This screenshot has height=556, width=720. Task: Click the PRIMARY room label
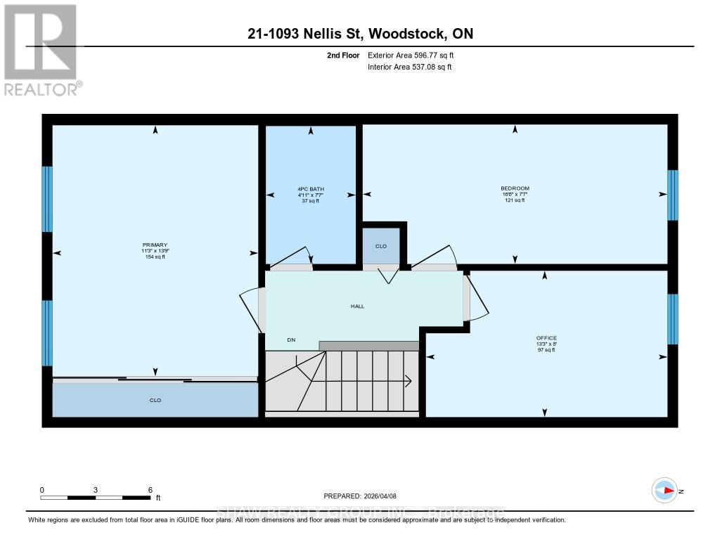[155, 245]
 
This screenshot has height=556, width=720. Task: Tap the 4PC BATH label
[310, 188]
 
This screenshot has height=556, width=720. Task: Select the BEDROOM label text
[515, 188]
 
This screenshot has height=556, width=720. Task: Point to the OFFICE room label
[546, 338]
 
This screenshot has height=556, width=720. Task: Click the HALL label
[357, 306]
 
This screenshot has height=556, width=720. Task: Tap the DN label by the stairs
[291, 340]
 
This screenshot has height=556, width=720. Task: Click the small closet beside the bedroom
[381, 246]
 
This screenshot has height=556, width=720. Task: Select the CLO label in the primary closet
[155, 401]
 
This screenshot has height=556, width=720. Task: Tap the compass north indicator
[664, 491]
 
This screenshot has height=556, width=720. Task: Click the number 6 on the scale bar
[150, 490]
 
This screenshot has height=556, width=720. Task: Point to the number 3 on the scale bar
[96, 490]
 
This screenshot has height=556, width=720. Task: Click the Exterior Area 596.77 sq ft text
[416, 55]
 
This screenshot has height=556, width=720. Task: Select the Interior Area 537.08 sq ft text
[409, 67]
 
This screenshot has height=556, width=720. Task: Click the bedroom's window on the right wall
[673, 195]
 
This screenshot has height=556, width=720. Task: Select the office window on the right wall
[673, 319]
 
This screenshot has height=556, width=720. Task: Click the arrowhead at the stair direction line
[409, 382]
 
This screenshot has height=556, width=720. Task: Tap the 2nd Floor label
[343, 55]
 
